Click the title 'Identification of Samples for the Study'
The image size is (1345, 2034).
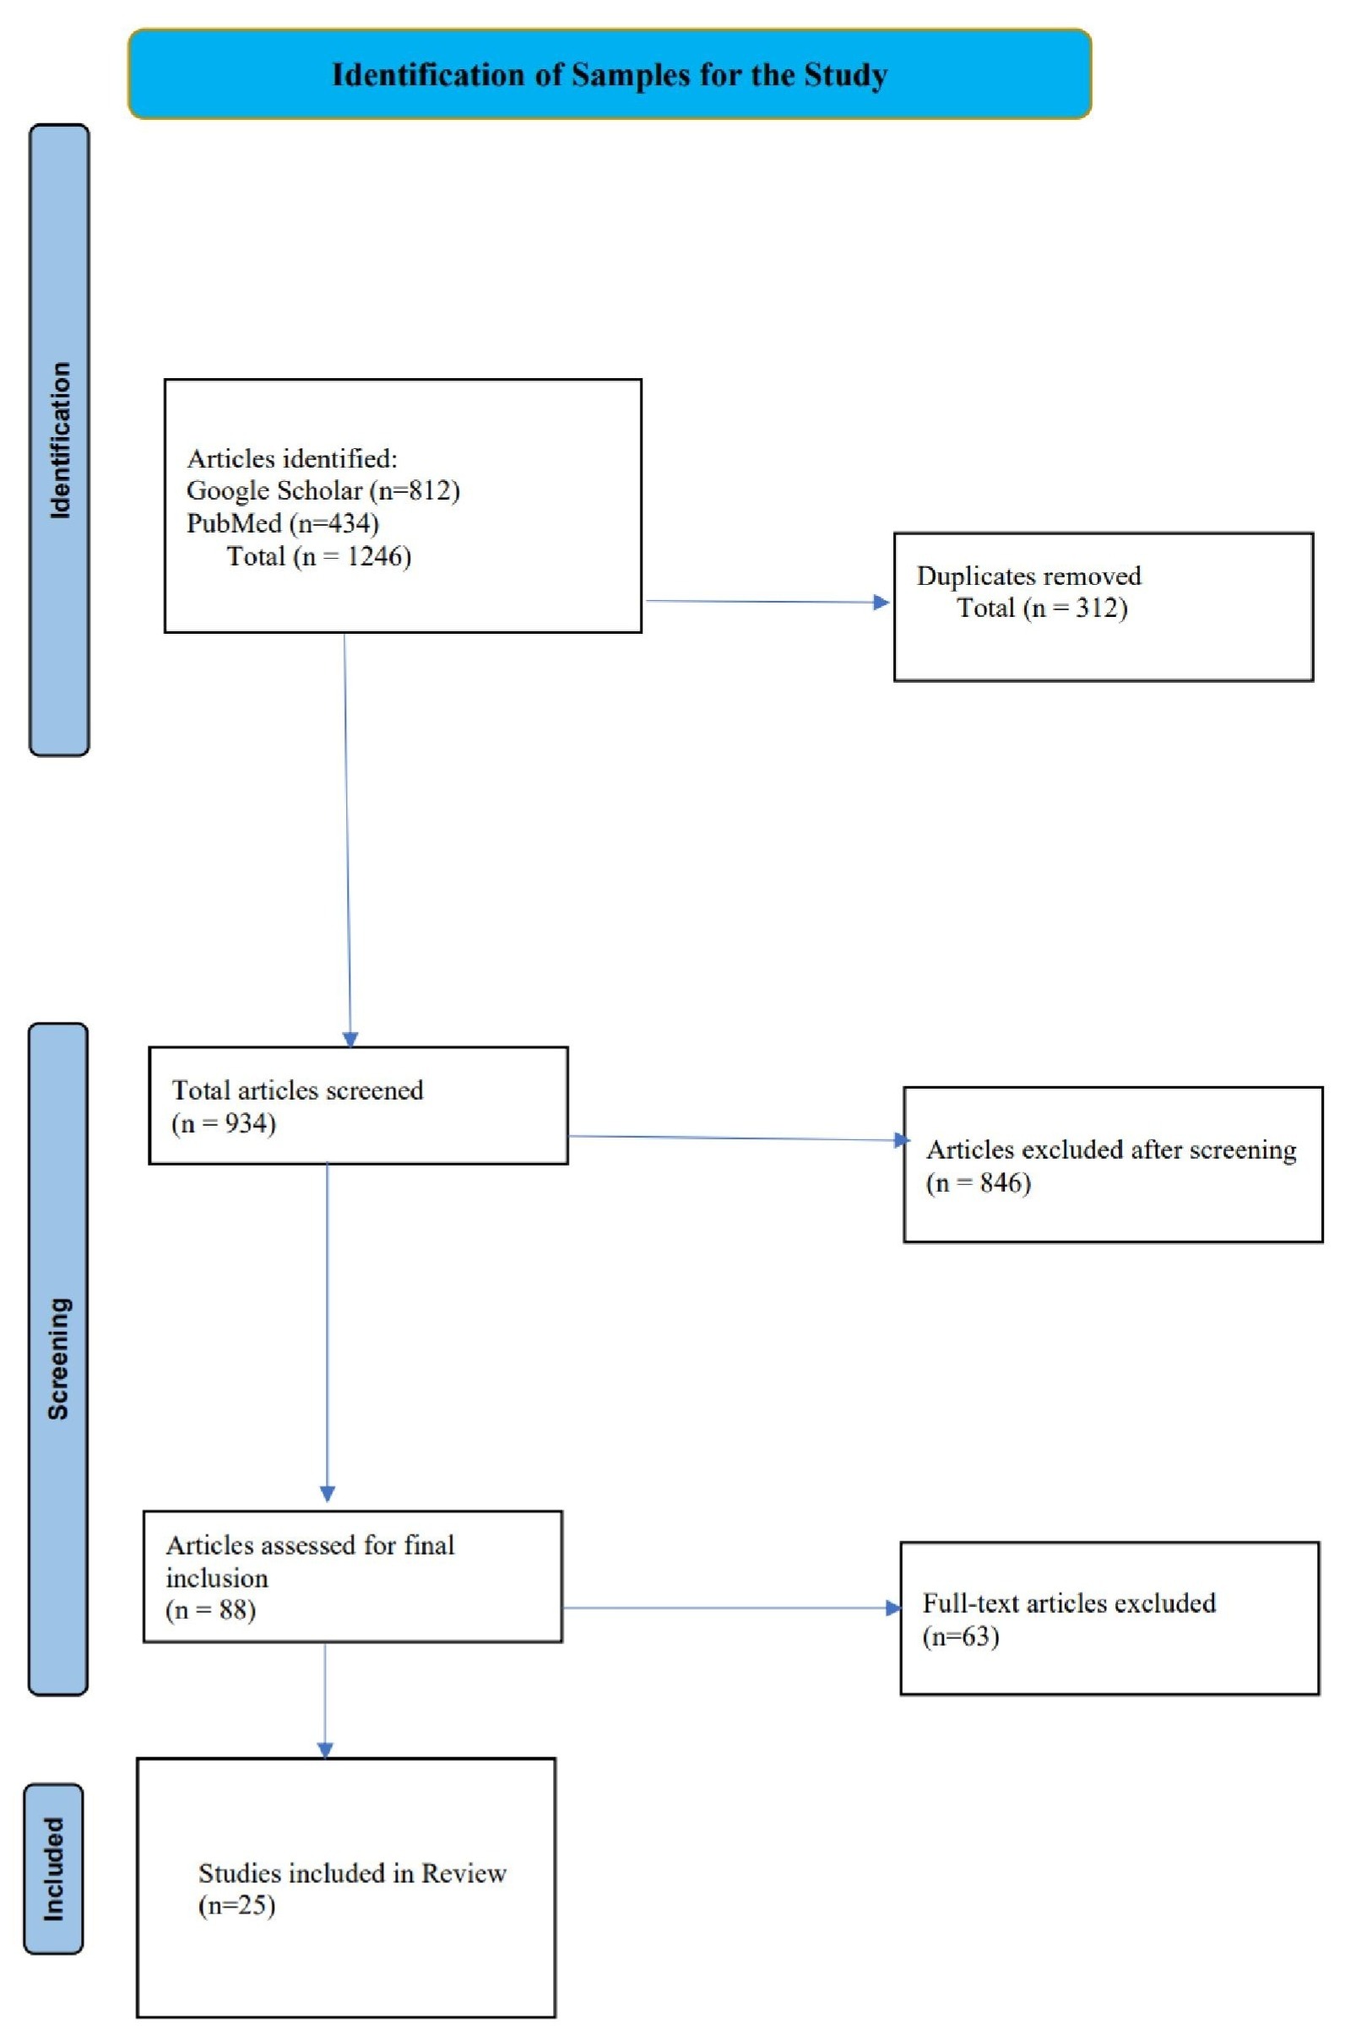[610, 75]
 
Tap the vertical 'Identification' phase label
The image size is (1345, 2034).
[59, 440]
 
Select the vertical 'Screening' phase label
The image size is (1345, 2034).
[58, 1359]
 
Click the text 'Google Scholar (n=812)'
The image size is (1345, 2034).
[323, 490]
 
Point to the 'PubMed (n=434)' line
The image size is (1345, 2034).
[282, 523]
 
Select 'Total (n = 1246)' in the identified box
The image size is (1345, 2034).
[319, 556]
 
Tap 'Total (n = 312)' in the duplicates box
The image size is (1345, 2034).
[1042, 608]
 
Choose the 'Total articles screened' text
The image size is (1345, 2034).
[298, 1090]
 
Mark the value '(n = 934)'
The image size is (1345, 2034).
[224, 1123]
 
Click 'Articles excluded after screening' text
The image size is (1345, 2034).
[1111, 1150]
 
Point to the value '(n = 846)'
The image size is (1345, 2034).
[978, 1183]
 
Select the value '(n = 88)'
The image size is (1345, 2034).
[211, 1610]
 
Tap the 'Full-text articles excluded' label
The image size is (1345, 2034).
[1069, 1604]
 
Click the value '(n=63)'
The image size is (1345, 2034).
[961, 1637]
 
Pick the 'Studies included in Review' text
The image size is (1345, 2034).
[353, 1874]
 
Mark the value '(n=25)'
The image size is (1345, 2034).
[236, 1907]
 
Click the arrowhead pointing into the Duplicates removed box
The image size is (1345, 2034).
[881, 602]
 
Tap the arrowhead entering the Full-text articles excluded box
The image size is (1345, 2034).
[893, 1609]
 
